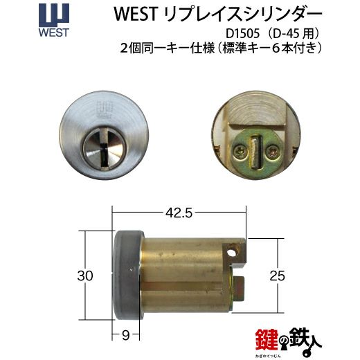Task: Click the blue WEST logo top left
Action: pyautogui.click(x=54, y=20)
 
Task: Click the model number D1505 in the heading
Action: pyautogui.click(x=242, y=34)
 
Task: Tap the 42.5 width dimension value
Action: pyautogui.click(x=179, y=213)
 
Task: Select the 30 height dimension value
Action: pyautogui.click(x=85, y=276)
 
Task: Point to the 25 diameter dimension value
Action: pyautogui.click(x=278, y=276)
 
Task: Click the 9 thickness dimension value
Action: pyautogui.click(x=126, y=335)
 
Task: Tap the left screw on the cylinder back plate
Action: pyautogui.click(x=239, y=152)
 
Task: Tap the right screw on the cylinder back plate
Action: pyautogui.click(x=271, y=152)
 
